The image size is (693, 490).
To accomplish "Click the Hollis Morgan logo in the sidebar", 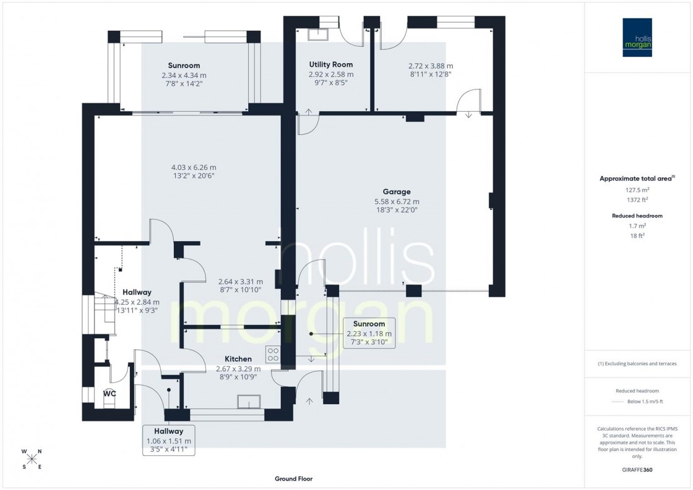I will coord(637,37).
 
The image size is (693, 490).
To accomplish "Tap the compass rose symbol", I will coord(32,458).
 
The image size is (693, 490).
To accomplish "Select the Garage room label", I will coord(396,192).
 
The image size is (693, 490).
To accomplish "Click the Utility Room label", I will coord(330,64).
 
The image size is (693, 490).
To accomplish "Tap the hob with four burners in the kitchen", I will coord(273,354).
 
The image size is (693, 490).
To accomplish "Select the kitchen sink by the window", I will coord(249,402).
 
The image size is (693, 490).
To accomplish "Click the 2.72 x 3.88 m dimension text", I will coord(430,65).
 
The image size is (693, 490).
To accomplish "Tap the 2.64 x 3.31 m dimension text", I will coord(240,281).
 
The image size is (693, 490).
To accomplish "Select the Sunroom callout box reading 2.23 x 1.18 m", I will coord(369,333).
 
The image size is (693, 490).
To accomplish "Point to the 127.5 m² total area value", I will coord(637,189).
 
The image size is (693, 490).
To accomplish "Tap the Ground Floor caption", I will coord(293,479).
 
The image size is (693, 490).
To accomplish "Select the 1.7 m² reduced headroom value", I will coord(637,225).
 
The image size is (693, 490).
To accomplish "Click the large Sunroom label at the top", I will coord(183,65).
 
